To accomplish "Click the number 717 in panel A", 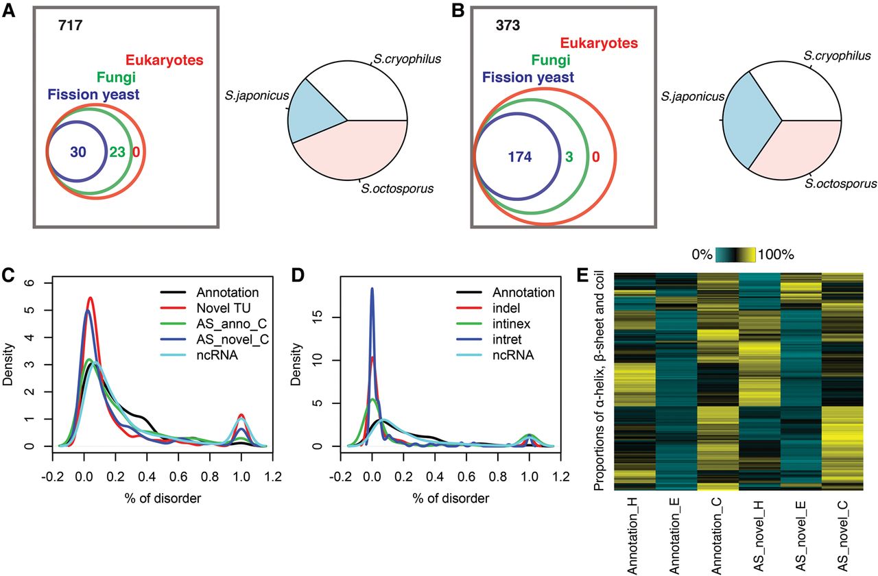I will tap(71, 29).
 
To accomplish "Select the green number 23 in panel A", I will tap(117, 152).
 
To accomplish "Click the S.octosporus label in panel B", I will tap(840, 184).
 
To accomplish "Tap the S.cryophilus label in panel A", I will tap(407, 59).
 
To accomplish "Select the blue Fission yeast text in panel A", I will tap(93, 95).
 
